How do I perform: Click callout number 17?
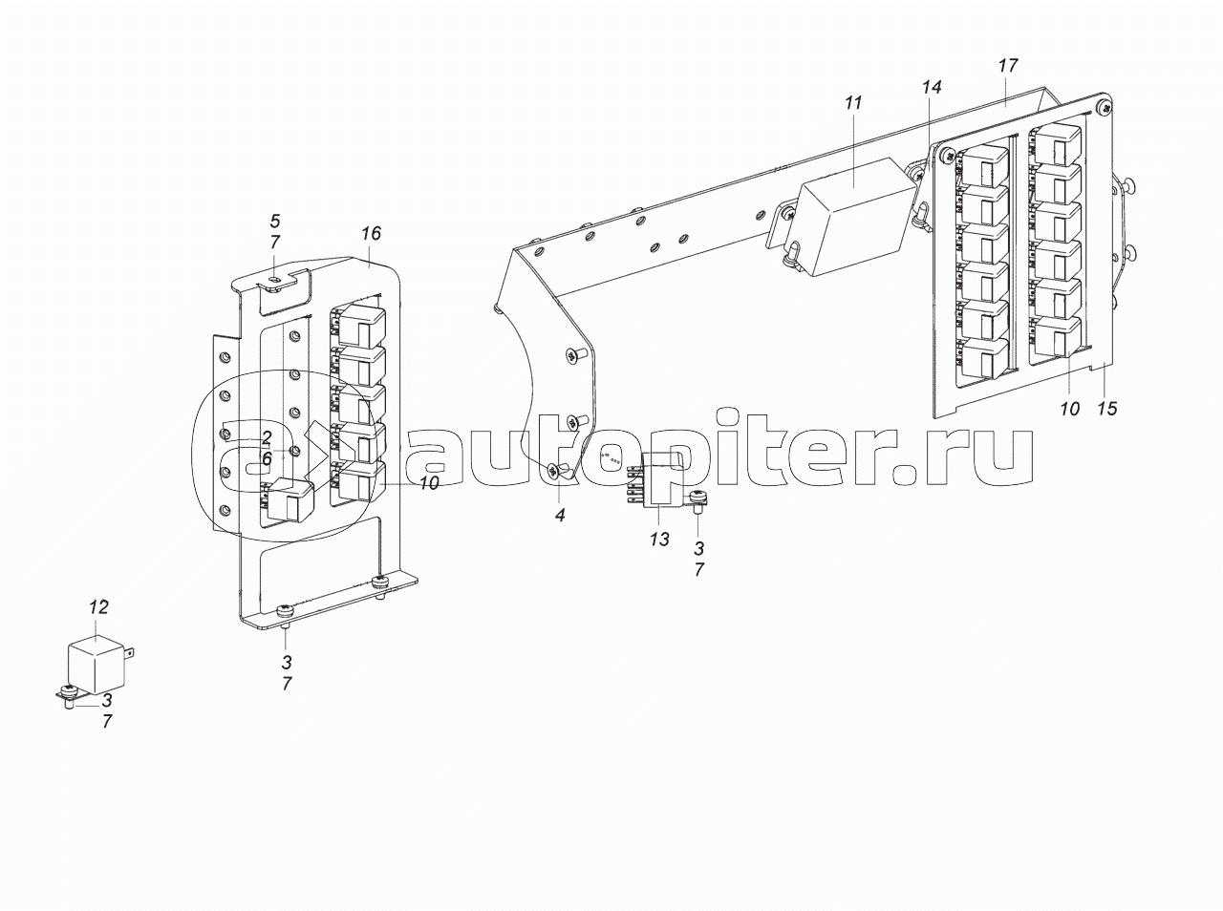pos(1008,65)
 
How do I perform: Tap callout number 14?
pos(932,87)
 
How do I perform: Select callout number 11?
pos(853,103)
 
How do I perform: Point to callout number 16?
pos(371,233)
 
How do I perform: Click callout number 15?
pos(1107,408)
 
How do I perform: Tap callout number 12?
pos(98,607)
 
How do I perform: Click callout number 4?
pos(560,515)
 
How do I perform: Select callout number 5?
pos(274,222)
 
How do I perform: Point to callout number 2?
pos(267,437)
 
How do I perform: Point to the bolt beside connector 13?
pos(697,503)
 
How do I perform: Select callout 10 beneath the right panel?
pos(1069,409)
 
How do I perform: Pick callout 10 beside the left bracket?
pos(428,483)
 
